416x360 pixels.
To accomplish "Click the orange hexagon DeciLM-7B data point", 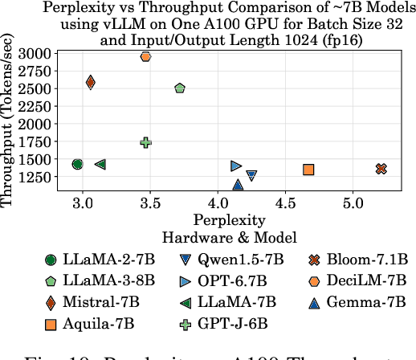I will click(145, 56).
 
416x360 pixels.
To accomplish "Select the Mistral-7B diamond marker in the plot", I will click(90, 82).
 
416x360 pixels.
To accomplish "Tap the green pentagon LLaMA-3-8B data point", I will click(180, 88).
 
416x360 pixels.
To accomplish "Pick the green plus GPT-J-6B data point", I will click(145, 142).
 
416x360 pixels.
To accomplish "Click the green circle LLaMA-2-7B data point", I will click(77, 164).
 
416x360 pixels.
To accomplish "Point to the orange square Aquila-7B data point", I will click(308, 169).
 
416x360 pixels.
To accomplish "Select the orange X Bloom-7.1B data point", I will click(381, 169).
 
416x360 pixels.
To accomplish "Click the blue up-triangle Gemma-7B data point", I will click(238, 185).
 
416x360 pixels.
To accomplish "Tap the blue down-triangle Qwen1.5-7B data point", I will click(251, 174).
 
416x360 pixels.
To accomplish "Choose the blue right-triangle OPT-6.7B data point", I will click(236, 166).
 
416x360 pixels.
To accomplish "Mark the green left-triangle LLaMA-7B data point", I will click(100, 164).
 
